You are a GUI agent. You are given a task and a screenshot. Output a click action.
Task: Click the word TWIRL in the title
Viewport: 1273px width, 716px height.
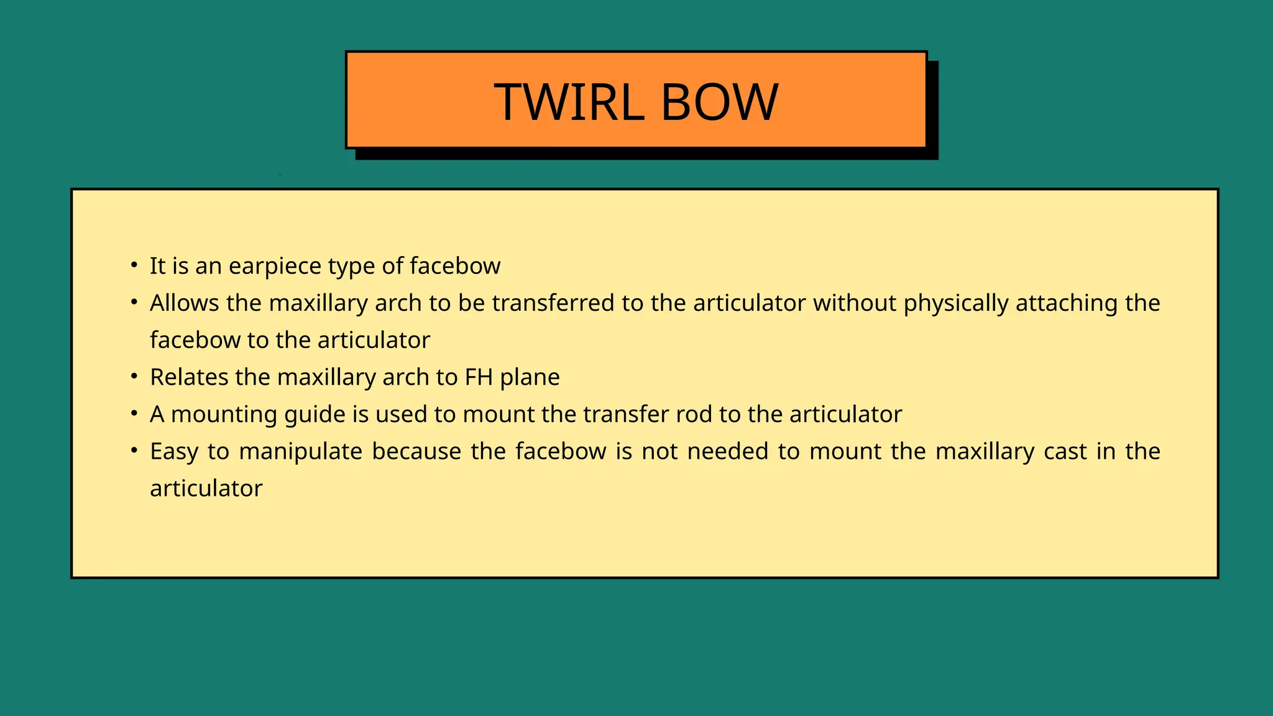(569, 102)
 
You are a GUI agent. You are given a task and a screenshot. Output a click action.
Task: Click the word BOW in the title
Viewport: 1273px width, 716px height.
(719, 102)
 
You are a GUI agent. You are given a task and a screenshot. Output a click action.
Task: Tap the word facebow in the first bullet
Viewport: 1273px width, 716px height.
(455, 267)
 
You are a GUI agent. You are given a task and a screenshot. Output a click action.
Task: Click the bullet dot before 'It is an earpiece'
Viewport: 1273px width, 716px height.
(134, 266)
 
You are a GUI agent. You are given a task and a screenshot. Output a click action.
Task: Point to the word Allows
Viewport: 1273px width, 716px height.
(185, 303)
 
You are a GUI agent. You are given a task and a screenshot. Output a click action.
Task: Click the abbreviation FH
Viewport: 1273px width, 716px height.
(479, 377)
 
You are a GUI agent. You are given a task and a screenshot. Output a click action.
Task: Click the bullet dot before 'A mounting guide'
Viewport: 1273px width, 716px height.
(134, 414)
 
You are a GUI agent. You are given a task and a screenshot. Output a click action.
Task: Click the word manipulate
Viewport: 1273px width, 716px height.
(300, 452)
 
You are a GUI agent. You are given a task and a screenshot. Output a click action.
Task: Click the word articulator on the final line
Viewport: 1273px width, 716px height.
(206, 489)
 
